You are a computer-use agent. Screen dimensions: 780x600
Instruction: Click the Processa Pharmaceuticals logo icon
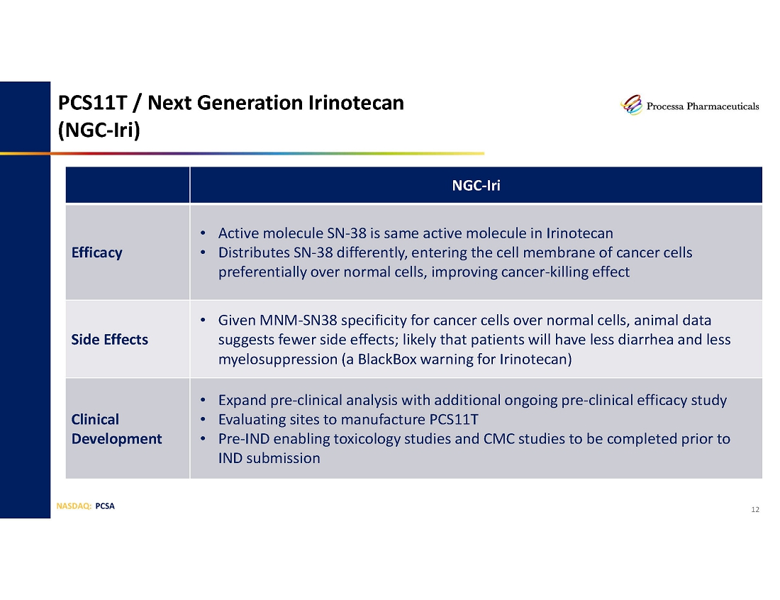pyautogui.click(x=632, y=105)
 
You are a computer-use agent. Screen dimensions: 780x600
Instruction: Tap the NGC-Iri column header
pyautogui.click(x=476, y=186)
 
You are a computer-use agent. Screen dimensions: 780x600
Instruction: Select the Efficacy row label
pyautogui.click(x=96, y=252)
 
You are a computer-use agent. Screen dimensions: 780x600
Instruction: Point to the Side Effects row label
pyautogui.click(x=109, y=340)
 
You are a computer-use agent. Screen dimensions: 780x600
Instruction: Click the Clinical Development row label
pyautogui.click(x=116, y=429)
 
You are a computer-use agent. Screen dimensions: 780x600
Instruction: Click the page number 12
pyautogui.click(x=755, y=509)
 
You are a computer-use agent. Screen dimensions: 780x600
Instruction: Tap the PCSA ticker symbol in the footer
pyautogui.click(x=105, y=506)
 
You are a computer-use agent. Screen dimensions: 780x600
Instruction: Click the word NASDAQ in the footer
pyautogui.click(x=73, y=506)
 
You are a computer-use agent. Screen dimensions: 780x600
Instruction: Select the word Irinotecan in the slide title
pyautogui.click(x=356, y=103)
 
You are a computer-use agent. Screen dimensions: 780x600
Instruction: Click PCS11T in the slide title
pyautogui.click(x=93, y=103)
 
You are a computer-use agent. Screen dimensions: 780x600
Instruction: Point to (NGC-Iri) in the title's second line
pyautogui.click(x=99, y=130)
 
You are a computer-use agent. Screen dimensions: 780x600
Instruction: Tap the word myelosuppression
pyautogui.click(x=278, y=360)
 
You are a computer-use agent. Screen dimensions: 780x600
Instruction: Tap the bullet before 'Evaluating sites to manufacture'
pyautogui.click(x=203, y=420)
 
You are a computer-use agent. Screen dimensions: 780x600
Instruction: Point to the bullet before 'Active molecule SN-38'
pyautogui.click(x=203, y=233)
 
